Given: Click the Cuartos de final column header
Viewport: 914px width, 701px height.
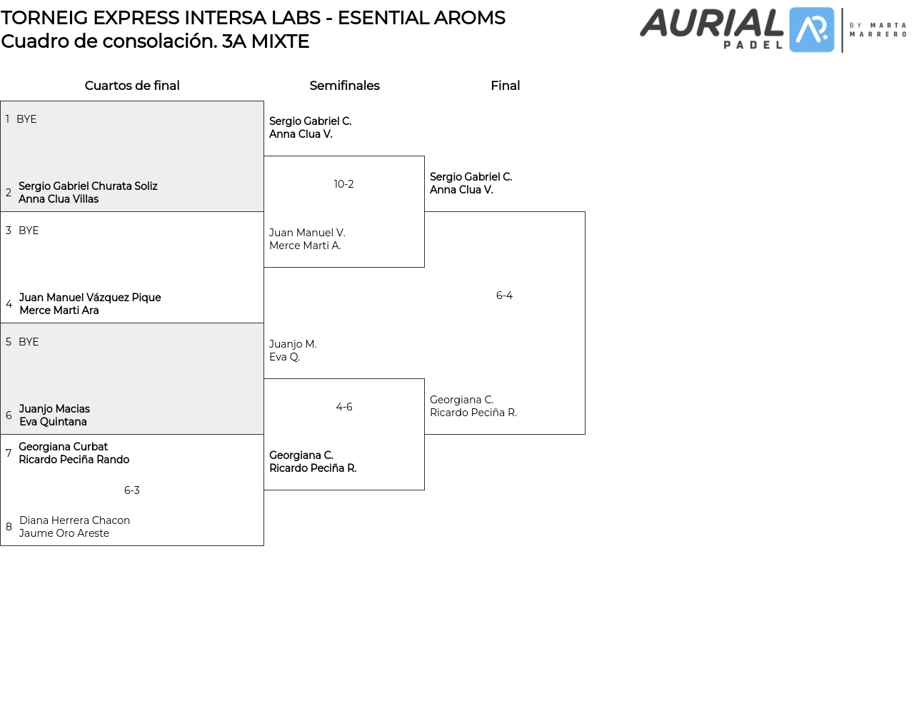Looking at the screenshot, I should [132, 86].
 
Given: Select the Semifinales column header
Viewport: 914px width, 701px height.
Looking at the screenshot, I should [344, 86].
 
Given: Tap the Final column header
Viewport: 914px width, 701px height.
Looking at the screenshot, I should [505, 86].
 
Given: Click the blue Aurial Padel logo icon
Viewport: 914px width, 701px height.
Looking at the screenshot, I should [811, 30].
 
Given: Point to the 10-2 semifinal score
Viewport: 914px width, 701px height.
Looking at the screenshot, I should [343, 184].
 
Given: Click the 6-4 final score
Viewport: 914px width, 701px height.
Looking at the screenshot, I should [504, 296].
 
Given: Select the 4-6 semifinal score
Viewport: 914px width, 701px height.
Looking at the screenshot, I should [343, 407].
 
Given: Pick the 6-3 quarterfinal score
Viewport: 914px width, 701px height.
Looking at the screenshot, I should [132, 490].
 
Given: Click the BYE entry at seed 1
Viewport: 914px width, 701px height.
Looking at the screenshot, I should [26, 119].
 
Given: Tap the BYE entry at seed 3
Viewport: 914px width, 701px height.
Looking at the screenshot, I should [29, 231].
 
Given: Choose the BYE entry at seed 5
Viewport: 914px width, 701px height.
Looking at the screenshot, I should [29, 342].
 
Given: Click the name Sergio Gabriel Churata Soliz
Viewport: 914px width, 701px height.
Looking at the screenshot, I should [88, 186].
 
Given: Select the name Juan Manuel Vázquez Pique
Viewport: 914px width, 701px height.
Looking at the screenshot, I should [90, 298].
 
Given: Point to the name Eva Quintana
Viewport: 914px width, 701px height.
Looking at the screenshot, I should [53, 422].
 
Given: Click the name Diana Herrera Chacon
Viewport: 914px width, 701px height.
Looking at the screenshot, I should [74, 520].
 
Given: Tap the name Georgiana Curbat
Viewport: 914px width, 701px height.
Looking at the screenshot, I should [63, 447].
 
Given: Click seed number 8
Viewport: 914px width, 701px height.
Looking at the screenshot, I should [9, 527].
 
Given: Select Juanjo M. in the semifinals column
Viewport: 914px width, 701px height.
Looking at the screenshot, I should [293, 344].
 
